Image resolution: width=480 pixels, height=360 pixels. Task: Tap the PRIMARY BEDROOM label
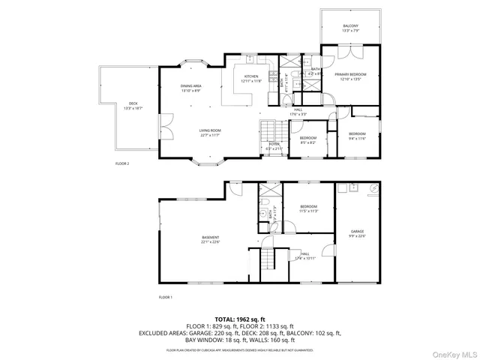point(351,74)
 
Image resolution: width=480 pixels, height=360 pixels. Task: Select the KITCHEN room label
point(251,76)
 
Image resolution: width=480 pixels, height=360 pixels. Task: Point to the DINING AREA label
point(191,86)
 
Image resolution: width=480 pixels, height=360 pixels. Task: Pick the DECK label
point(133,104)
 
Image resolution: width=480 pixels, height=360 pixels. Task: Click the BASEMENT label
point(210,238)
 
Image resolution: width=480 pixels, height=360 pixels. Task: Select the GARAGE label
point(358,232)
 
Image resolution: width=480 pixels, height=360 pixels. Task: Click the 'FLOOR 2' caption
point(122,163)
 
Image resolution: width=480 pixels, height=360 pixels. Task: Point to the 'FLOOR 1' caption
point(165,298)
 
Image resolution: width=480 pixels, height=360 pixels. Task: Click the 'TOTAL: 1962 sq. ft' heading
point(239,319)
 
